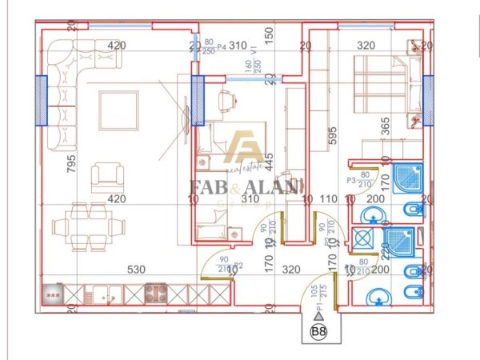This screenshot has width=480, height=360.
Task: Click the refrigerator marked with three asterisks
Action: coord(54,294)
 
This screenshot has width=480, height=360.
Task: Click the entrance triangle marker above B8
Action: coord(318,317)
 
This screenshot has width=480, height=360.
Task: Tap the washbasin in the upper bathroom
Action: coord(371,215)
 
